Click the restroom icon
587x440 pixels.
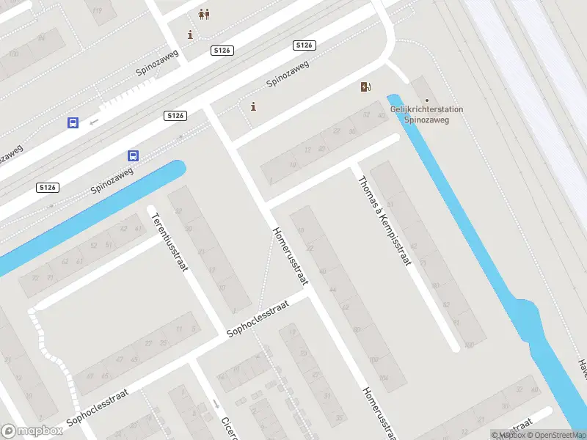click(205, 14)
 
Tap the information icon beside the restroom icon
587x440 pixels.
click(191, 34)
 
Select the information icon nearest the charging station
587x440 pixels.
click(254, 107)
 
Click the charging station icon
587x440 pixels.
click(365, 87)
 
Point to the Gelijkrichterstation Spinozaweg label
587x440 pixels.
click(426, 114)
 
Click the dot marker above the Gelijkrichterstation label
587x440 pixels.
click(427, 100)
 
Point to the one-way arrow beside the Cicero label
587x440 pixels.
click(216, 403)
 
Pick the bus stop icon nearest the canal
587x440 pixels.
click(134, 155)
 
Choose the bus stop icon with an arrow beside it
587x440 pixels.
click(73, 123)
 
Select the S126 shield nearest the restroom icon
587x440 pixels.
click(222, 50)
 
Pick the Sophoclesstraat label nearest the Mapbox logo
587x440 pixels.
click(97, 408)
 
